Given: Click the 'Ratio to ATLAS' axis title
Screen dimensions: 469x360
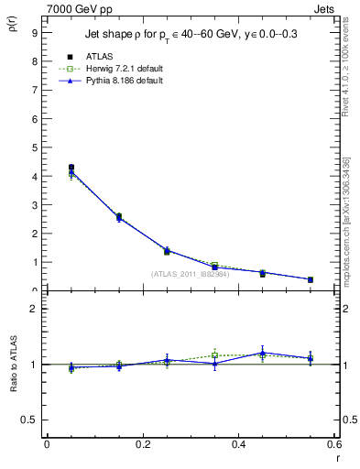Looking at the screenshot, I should [13, 364].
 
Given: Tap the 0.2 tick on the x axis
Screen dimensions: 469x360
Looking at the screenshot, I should [143, 444].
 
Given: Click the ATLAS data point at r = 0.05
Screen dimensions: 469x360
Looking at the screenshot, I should [71, 168].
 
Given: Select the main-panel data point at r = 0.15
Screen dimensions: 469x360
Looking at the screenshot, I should [119, 217].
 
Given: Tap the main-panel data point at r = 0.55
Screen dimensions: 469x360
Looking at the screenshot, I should [311, 279].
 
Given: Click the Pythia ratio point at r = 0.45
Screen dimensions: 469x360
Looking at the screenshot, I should [263, 353].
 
